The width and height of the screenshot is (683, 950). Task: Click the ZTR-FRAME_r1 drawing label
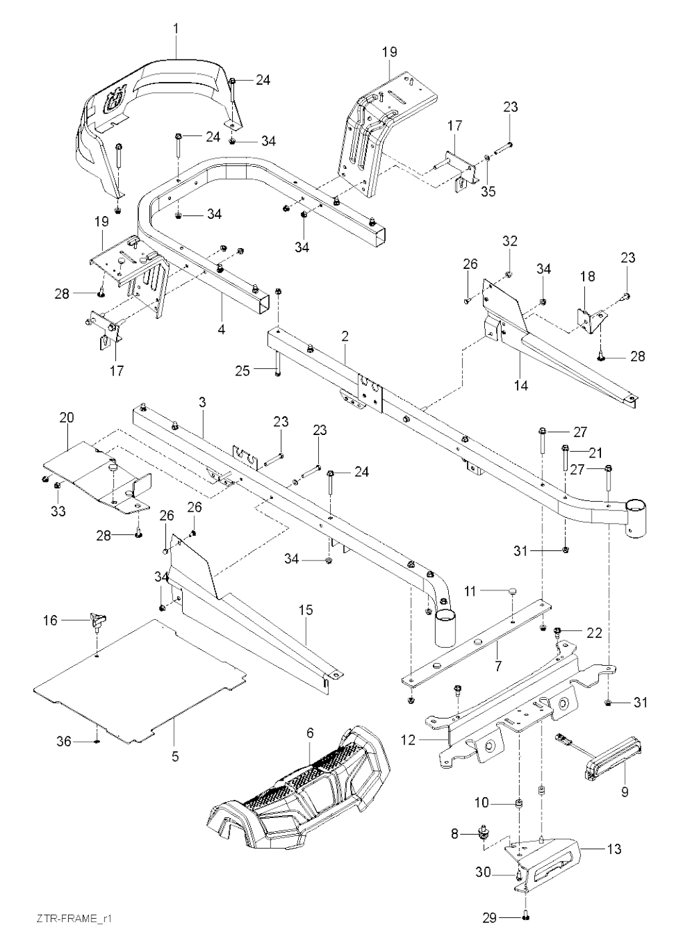point(73,919)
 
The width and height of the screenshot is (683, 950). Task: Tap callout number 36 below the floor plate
point(64,741)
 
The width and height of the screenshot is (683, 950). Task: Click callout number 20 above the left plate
point(67,418)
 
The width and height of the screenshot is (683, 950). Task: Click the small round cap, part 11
point(512,590)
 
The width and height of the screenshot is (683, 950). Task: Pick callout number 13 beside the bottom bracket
point(614,849)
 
